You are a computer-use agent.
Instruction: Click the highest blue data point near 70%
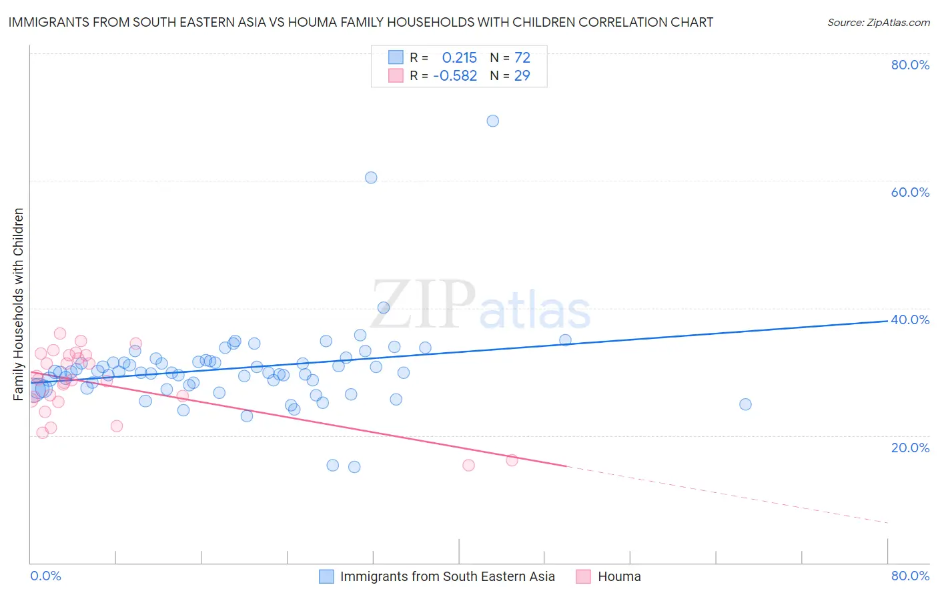492,121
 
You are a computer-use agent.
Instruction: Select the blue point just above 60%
371,177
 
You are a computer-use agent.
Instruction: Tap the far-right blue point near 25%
745,404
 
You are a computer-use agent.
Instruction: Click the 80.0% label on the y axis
910,65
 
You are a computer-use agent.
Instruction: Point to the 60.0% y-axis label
910,192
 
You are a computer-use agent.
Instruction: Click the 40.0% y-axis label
910,320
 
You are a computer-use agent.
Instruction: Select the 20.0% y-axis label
910,447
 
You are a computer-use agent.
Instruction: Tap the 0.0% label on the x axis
45,576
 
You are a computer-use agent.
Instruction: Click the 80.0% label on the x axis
910,576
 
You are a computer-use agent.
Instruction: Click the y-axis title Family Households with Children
19,304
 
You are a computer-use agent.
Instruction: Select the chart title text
361,22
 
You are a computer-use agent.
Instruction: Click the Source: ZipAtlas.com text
878,23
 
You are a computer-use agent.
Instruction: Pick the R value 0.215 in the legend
459,57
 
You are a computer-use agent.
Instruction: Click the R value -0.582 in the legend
455,76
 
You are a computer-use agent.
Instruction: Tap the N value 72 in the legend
522,57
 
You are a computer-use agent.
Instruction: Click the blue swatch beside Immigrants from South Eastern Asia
326,576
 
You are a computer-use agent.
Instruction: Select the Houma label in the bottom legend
619,576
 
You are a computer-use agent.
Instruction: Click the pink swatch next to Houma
583,576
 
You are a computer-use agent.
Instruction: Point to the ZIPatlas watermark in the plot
480,306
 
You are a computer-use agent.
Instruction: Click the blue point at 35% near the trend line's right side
565,340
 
